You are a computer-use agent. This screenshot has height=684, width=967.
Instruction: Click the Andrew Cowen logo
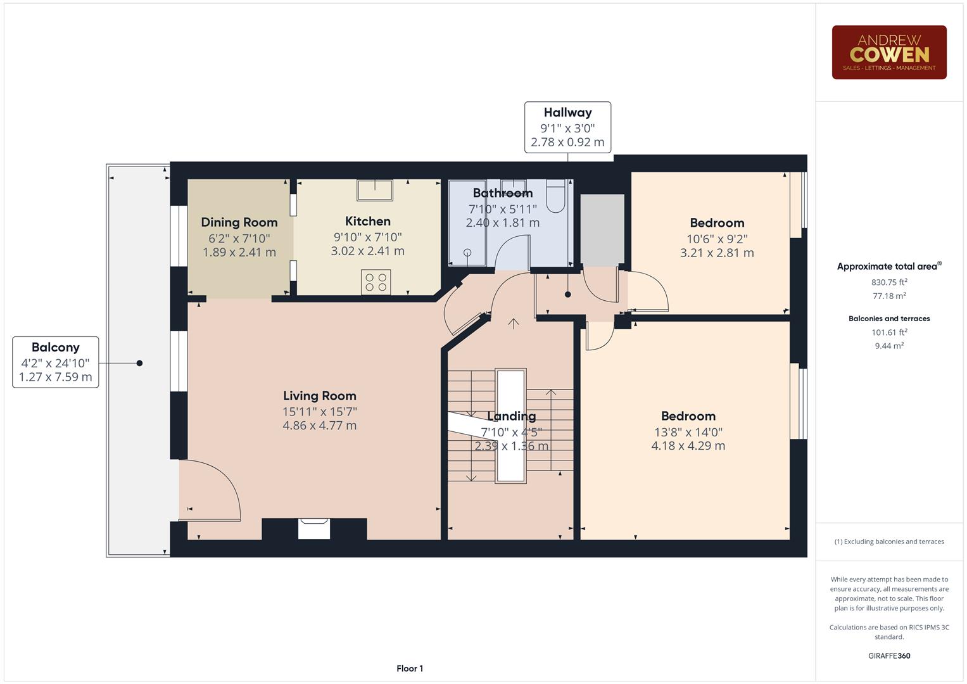(888, 53)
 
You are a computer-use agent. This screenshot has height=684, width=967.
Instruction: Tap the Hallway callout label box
(567, 127)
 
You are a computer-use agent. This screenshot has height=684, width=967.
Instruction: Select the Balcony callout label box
(56, 362)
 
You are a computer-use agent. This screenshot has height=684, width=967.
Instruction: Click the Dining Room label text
(239, 222)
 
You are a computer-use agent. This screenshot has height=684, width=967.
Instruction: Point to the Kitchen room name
(367, 221)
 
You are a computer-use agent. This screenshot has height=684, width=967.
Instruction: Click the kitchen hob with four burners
(376, 282)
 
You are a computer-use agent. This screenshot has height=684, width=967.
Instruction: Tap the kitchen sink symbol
(374, 189)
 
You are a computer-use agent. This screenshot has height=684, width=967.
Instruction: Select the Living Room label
(319, 396)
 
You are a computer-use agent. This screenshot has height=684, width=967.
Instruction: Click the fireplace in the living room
(314, 528)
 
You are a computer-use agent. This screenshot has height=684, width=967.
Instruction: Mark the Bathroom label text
(502, 193)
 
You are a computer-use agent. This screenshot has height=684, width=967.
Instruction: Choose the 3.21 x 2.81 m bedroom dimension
(717, 253)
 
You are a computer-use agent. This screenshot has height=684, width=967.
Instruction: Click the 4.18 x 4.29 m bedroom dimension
(688, 446)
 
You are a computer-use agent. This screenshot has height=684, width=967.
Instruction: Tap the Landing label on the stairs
(511, 416)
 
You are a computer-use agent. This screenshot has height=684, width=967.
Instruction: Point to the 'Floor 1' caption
(410, 668)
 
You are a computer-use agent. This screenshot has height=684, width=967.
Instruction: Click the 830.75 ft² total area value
(889, 282)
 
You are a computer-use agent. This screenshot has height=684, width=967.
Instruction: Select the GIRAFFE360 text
(889, 655)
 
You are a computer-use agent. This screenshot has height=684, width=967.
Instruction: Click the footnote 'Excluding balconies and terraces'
(889, 541)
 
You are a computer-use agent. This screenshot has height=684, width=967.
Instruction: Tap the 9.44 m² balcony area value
(889, 346)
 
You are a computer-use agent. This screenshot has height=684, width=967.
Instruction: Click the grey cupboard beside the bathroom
(602, 230)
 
